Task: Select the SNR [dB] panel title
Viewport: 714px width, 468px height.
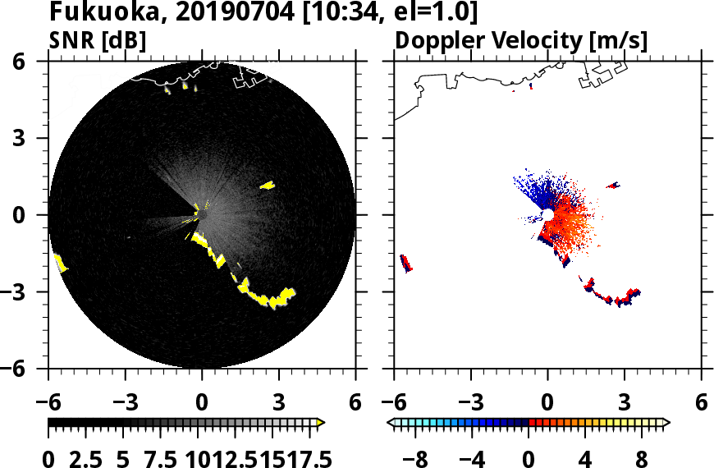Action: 98,40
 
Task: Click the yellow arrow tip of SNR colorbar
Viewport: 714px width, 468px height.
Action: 321,423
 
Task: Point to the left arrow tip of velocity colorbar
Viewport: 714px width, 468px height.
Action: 391,423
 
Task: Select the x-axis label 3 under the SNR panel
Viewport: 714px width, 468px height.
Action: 278,404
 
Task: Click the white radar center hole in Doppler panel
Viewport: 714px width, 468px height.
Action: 547,215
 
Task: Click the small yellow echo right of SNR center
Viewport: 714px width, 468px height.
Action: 268,186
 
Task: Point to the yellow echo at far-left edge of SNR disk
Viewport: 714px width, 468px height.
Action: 60,264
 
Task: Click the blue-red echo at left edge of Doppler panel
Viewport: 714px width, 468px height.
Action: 405,264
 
